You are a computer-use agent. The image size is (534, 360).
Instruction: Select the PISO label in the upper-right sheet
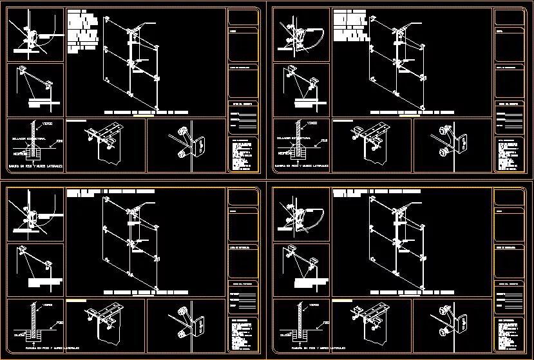point(324,140)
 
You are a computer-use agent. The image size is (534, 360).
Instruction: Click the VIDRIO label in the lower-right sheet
point(313,305)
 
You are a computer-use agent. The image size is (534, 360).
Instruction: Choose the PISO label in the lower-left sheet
point(59,320)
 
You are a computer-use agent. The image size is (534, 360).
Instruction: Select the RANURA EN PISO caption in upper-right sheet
point(301,166)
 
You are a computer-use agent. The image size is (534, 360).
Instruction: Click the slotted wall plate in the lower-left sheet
point(198,326)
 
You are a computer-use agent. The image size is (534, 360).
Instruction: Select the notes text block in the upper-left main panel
point(82,29)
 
